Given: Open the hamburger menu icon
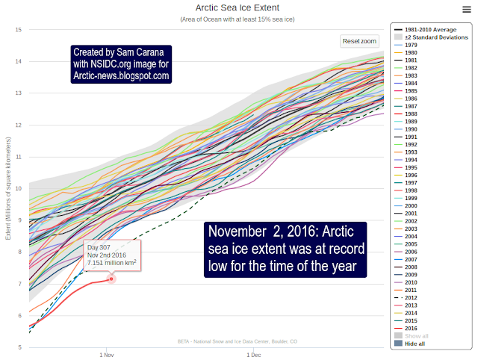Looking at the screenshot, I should (x=466, y=8).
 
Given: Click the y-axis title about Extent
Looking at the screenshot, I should (x=7, y=188).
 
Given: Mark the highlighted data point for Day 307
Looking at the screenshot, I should (x=112, y=279).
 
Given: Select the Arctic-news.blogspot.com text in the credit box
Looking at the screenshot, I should (x=121, y=75).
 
